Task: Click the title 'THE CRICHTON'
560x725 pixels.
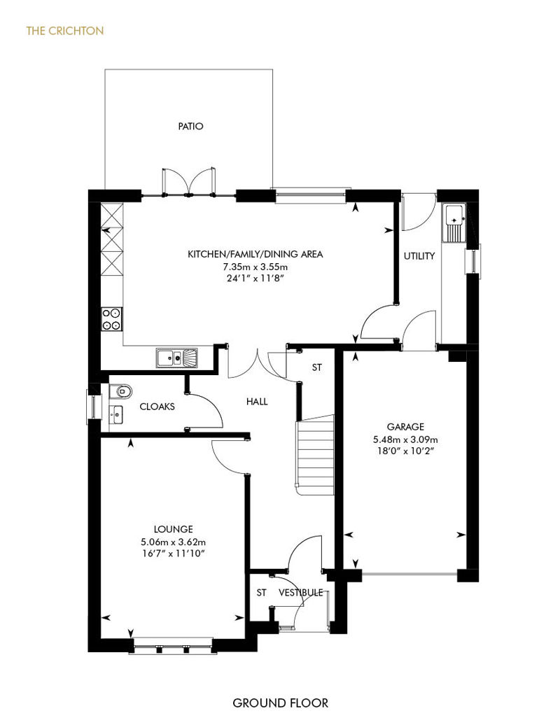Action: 65,31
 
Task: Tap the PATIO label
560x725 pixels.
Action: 190,126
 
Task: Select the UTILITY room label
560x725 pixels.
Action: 419,255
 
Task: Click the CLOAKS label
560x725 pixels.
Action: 157,407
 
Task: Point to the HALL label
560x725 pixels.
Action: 257,402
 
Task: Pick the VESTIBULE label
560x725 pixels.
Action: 300,592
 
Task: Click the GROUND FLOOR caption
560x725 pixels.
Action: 280,703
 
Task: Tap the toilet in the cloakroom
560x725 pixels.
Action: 120,391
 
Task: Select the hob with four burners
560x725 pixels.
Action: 112,319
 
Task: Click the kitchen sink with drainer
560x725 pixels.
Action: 177,358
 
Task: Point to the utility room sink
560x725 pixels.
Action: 454,223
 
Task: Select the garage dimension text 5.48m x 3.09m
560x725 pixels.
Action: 405,439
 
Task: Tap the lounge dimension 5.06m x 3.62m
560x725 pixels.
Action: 174,542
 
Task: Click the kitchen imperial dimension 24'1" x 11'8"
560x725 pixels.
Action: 255,279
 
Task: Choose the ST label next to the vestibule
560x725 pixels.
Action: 261,592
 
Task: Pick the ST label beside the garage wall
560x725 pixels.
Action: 317,367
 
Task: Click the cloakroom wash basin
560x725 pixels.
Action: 116,414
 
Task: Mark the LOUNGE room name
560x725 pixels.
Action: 174,529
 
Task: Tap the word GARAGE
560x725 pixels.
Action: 405,427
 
